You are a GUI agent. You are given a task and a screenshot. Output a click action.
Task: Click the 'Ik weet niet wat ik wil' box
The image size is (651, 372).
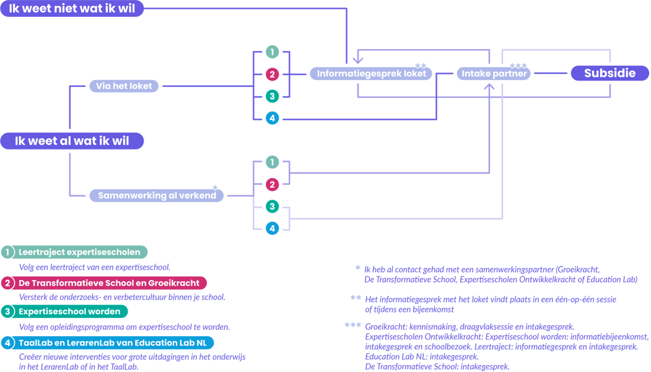click(72, 8)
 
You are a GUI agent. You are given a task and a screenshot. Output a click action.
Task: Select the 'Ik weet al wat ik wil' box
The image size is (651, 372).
click(72, 141)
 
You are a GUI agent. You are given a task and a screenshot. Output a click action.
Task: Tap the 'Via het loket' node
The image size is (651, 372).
click(124, 86)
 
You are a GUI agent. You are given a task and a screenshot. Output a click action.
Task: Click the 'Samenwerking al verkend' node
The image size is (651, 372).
click(157, 195)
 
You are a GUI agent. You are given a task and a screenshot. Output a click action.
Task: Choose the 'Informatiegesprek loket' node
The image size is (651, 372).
click(371, 74)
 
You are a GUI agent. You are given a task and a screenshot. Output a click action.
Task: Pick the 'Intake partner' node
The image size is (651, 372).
click(494, 74)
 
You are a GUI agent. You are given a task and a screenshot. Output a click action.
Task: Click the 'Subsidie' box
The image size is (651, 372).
click(609, 73)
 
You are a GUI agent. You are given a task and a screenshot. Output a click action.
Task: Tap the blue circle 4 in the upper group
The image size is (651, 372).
click(273, 118)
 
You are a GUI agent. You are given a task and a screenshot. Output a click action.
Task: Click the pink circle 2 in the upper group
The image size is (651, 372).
click(273, 74)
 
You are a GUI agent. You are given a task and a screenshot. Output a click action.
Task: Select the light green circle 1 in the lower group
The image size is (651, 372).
click(273, 162)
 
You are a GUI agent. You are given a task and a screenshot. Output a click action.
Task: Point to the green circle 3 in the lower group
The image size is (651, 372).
click(273, 206)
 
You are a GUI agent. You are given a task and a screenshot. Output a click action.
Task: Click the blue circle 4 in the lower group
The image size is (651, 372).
click(273, 228)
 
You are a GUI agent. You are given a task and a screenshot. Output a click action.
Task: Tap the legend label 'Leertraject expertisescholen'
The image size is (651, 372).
click(79, 252)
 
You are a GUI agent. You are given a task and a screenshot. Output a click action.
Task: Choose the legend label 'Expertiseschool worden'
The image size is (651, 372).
click(69, 311)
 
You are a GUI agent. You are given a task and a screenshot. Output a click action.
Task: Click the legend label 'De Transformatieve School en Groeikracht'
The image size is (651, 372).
click(109, 283)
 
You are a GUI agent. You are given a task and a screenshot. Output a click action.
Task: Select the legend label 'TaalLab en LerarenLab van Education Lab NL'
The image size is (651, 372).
click(113, 343)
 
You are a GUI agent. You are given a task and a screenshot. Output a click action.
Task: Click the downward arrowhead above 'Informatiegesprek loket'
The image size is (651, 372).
click(358, 60)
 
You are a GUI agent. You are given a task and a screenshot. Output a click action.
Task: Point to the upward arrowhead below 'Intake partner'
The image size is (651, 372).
click(489, 87)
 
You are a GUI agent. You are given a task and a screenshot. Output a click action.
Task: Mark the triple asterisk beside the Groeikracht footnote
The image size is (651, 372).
click(353, 325)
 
